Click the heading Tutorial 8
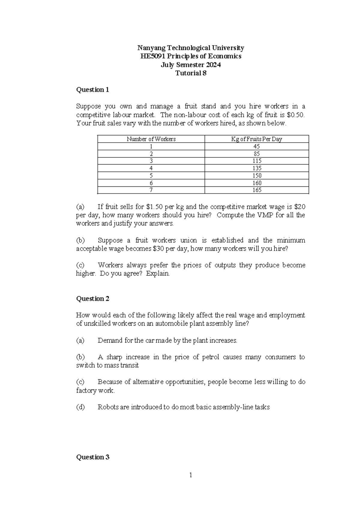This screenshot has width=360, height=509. [191, 73]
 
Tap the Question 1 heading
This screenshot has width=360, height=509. [93, 90]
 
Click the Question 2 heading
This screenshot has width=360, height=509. [93, 299]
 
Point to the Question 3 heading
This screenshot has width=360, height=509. [93, 457]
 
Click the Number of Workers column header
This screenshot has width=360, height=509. [151, 139]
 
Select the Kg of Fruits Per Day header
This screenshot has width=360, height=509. [256, 139]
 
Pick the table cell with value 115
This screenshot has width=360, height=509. [257, 161]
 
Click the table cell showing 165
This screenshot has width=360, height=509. [257, 190]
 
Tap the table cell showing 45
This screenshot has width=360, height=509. [256, 146]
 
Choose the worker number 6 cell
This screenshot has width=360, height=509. [151, 183]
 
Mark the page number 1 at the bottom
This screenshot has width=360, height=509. [190, 475]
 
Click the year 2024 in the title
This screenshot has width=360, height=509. [213, 65]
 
